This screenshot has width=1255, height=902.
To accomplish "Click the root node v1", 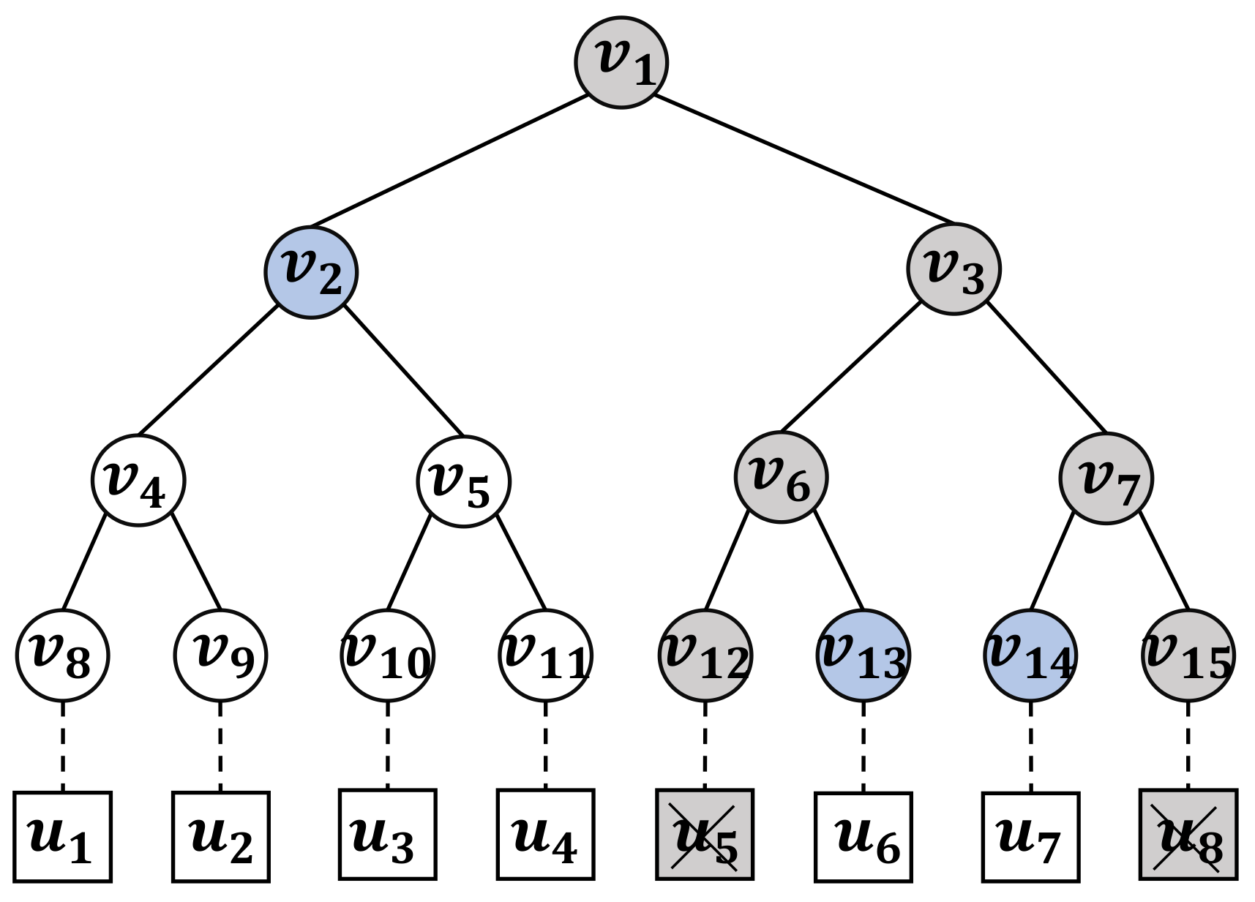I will click(x=621, y=63).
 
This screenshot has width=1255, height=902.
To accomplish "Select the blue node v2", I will click(x=311, y=272).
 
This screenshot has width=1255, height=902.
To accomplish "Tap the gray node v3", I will click(x=954, y=269).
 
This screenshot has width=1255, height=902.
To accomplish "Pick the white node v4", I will click(x=138, y=481).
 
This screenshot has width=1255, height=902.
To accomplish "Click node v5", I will click(x=463, y=481).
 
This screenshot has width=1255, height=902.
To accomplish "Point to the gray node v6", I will click(x=781, y=477).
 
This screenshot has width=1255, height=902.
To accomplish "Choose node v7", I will click(x=1106, y=478).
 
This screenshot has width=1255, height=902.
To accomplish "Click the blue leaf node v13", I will click(x=863, y=655).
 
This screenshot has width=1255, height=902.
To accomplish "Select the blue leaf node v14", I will click(x=1030, y=655).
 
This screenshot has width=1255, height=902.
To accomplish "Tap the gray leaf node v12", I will click(x=705, y=655).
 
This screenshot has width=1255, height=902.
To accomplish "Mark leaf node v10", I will click(x=387, y=655).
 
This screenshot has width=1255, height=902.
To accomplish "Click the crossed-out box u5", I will click(x=705, y=834).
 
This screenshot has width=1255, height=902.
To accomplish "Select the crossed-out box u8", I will click(x=1188, y=834).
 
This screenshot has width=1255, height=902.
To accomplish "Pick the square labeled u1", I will click(x=62, y=837).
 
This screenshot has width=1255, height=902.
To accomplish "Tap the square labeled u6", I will click(x=863, y=837).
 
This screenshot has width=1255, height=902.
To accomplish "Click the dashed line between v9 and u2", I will click(x=220, y=746).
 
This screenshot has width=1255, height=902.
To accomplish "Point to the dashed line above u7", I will click(x=1030, y=746).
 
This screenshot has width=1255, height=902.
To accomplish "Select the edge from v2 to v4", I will click(x=209, y=369).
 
